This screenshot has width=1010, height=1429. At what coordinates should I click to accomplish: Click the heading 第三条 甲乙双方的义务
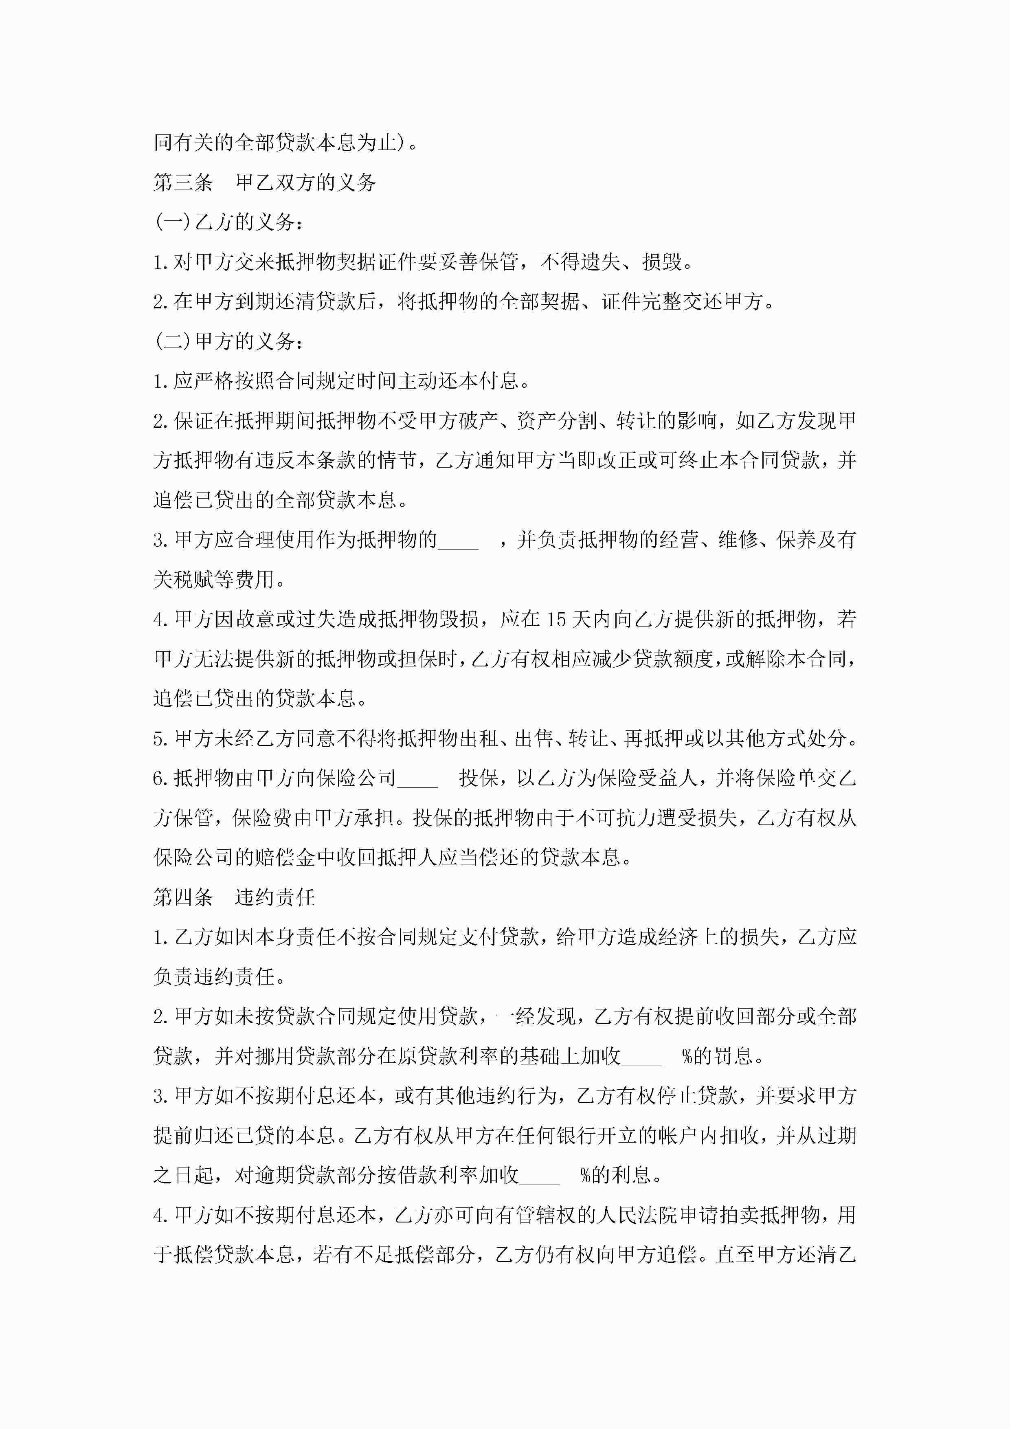pyautogui.click(x=264, y=182)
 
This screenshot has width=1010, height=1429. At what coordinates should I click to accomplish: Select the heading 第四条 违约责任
pyautogui.click(x=234, y=897)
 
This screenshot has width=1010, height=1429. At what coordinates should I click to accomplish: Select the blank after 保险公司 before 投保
pyautogui.click(x=417, y=778)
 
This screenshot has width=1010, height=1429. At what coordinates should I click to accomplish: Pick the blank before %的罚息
pyautogui.click(x=641, y=1056)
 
